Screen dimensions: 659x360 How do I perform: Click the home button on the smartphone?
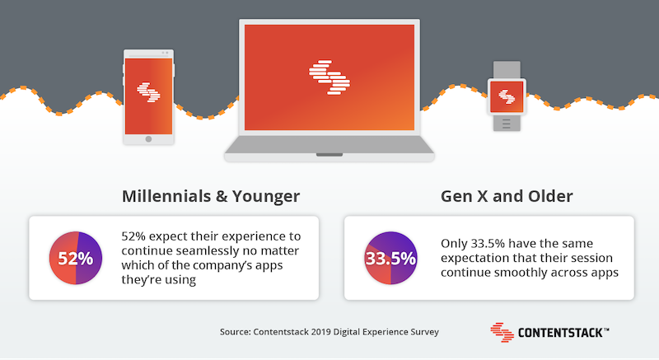[148, 139]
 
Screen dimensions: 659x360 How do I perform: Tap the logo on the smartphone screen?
[148, 92]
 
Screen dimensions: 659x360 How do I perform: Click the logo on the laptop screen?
[329, 77]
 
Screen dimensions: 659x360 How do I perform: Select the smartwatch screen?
[507, 97]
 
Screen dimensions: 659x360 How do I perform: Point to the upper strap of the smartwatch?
[507, 70]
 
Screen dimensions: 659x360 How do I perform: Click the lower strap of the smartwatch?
[507, 123]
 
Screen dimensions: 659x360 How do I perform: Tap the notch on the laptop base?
[329, 155]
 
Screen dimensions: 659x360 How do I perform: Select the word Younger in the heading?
[266, 197]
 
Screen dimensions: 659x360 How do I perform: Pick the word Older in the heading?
[551, 196]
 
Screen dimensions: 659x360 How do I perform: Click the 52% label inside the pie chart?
[76, 259]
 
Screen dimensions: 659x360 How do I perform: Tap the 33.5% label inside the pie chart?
[390, 259]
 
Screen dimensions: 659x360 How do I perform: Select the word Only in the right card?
[454, 244]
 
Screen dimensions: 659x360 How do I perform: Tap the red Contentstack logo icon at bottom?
[502, 332]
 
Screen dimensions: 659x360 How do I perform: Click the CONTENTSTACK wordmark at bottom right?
[563, 333]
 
